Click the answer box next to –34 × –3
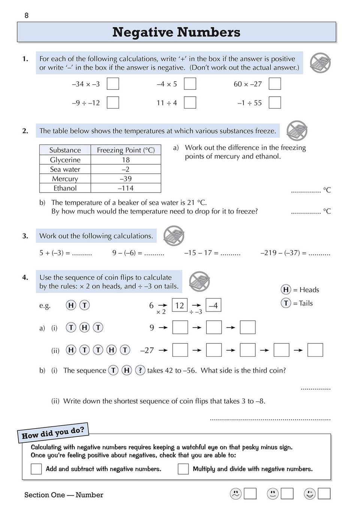point(113,83)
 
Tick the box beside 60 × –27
point(275,83)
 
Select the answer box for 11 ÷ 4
point(190,102)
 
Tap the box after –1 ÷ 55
point(275,102)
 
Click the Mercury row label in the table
point(65,179)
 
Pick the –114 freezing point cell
point(125,188)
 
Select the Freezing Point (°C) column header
point(125,150)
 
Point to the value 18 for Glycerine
point(125,160)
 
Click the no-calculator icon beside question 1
point(320,63)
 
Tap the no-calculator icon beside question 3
point(174,236)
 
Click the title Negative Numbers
point(176,32)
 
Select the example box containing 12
point(179,305)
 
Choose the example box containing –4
point(213,305)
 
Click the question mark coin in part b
point(140,370)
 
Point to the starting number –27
point(147,350)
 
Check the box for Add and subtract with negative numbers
point(36,469)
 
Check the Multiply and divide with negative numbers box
point(183,469)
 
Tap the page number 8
point(26,15)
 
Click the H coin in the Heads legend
point(286,289)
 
